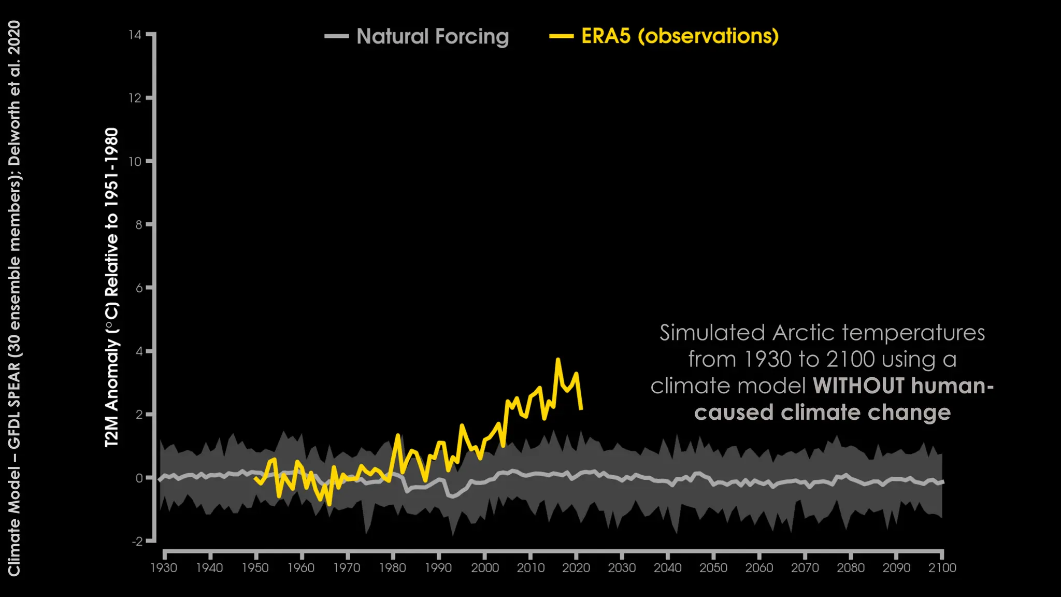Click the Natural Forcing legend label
point(433,37)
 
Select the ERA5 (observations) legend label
point(680,36)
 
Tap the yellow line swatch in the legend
point(562,36)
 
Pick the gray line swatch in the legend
point(337,36)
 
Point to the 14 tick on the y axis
point(135,35)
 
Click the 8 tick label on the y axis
point(138,224)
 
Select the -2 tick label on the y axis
point(137,541)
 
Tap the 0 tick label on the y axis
point(139,478)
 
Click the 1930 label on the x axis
point(164,568)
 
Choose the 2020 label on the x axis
point(576,568)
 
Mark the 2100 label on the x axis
point(942,568)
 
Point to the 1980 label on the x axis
point(393,568)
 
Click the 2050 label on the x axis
point(713,568)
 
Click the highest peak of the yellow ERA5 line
point(558,359)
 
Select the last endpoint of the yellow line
point(581,409)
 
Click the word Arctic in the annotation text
point(804,333)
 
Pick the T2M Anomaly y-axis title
point(112,288)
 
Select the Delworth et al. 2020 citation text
point(14,93)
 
